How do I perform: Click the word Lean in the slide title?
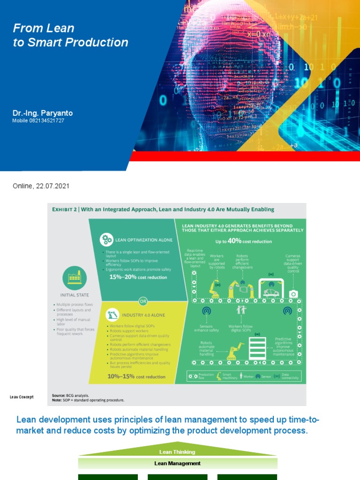pos(63,28)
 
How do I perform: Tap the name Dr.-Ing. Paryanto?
pos(43,113)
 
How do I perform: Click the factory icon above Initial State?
pos(75,278)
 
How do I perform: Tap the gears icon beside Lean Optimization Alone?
pos(106,240)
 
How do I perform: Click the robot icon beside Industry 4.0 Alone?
pos(112,314)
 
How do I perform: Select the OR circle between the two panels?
pos(143,300)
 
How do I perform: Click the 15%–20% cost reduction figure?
pos(138,277)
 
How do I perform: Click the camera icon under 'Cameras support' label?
pos(293,293)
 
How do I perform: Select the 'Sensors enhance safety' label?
pos(206,329)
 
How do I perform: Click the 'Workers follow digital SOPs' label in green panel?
pos(241,329)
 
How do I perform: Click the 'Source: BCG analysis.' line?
pos(70,396)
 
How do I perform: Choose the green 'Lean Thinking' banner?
pos(177,452)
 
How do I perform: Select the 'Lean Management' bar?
pos(177,463)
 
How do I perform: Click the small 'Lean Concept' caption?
pos(22,397)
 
